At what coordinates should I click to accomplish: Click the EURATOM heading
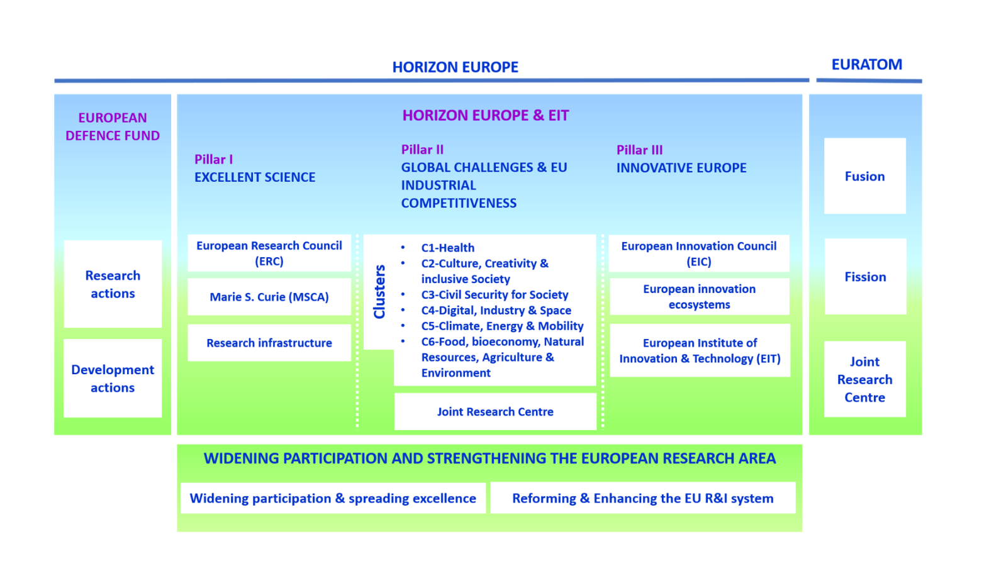point(866,65)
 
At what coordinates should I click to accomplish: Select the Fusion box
point(864,176)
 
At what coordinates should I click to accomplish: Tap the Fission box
point(865,277)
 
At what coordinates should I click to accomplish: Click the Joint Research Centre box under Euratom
point(864,379)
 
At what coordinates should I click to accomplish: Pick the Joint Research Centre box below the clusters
point(495,412)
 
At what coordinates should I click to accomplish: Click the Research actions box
point(113,284)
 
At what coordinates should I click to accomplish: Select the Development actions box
point(113,379)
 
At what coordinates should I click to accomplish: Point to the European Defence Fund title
point(113,126)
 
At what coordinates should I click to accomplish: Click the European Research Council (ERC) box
point(269,253)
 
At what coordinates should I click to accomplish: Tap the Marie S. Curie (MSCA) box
point(269,297)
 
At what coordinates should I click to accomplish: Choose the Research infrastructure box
point(269,343)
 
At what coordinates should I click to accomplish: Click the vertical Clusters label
point(379,292)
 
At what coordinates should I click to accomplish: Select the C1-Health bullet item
point(447,248)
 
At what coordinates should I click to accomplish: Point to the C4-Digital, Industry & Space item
point(496,310)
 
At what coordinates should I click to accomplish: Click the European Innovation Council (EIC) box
point(698,254)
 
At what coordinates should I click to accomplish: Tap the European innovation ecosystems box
point(699,297)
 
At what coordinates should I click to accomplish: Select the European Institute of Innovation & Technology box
point(700,351)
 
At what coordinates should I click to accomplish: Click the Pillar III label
point(639,150)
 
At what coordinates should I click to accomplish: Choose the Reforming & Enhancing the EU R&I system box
point(642,498)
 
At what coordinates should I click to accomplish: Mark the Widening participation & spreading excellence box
point(333,498)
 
